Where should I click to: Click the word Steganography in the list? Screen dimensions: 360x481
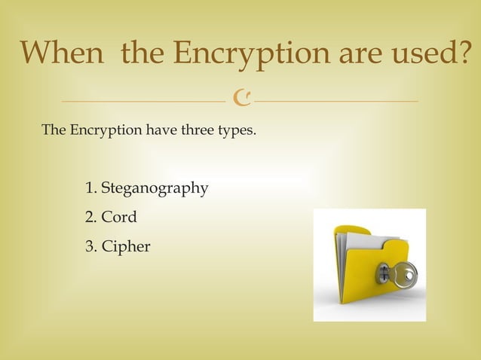pyautogui.click(x=155, y=188)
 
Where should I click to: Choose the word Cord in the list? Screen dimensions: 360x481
pyautogui.click(x=119, y=218)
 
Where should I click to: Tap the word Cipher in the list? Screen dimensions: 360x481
pyautogui.click(x=126, y=246)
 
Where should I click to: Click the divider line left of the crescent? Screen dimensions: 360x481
pyautogui.click(x=143, y=100)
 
